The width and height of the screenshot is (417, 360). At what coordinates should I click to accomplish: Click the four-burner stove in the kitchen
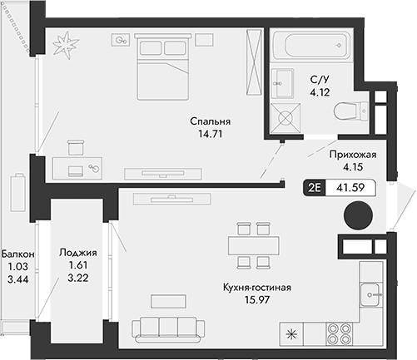pyautogui.click(x=341, y=336)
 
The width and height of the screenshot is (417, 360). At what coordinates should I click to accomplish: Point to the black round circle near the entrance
pyautogui.click(x=356, y=215)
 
